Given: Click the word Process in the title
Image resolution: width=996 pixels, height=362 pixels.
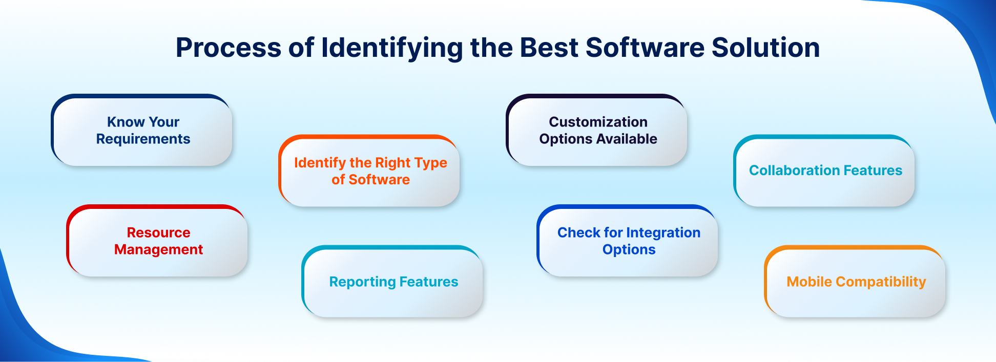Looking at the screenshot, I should pyautogui.click(x=229, y=48).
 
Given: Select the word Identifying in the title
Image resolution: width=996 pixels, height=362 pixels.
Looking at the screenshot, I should pyautogui.click(x=392, y=48).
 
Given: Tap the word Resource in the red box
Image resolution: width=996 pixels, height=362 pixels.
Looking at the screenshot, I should pyautogui.click(x=158, y=232).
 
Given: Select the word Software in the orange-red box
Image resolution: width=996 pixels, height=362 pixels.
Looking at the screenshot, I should pyautogui.click(x=379, y=180).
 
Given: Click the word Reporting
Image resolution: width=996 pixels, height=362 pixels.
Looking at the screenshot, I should pyautogui.click(x=362, y=282).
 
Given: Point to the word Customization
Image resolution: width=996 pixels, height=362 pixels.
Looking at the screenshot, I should pyautogui.click(x=598, y=122).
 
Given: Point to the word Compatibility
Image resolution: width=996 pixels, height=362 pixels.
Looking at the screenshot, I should pyautogui.click(x=881, y=282).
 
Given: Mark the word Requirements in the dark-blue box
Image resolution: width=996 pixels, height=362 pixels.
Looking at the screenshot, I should pyautogui.click(x=143, y=139).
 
